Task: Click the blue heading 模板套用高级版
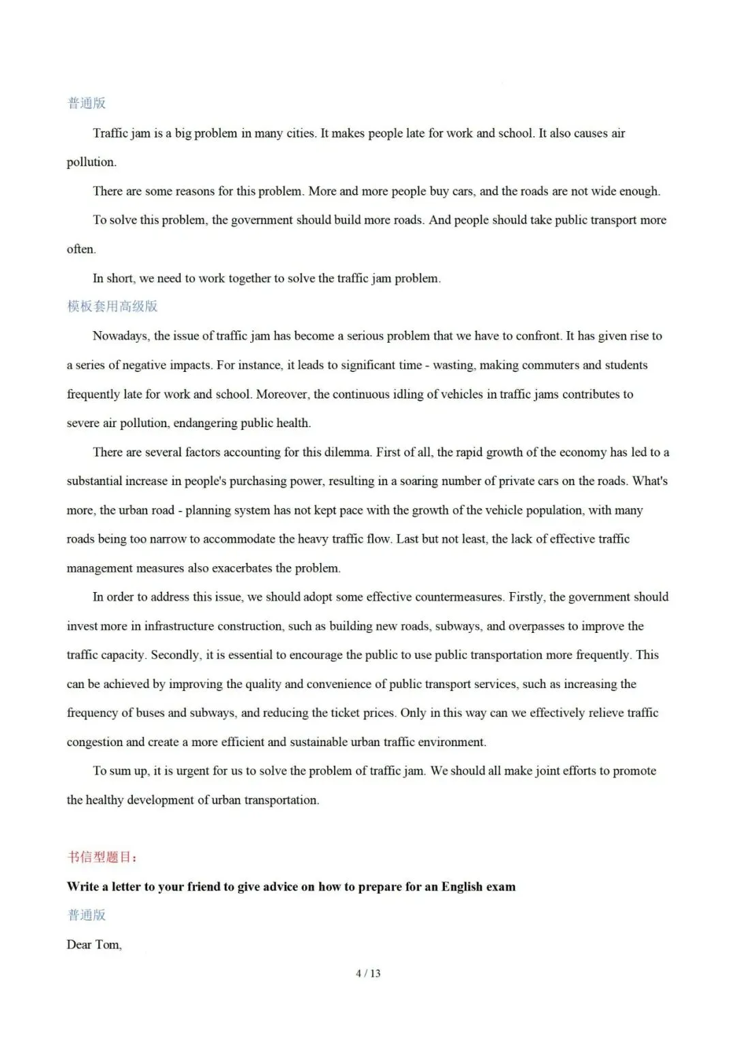click(112, 307)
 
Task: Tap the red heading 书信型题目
click(102, 857)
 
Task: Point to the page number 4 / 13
click(368, 974)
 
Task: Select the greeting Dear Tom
click(94, 945)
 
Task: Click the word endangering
click(205, 423)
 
